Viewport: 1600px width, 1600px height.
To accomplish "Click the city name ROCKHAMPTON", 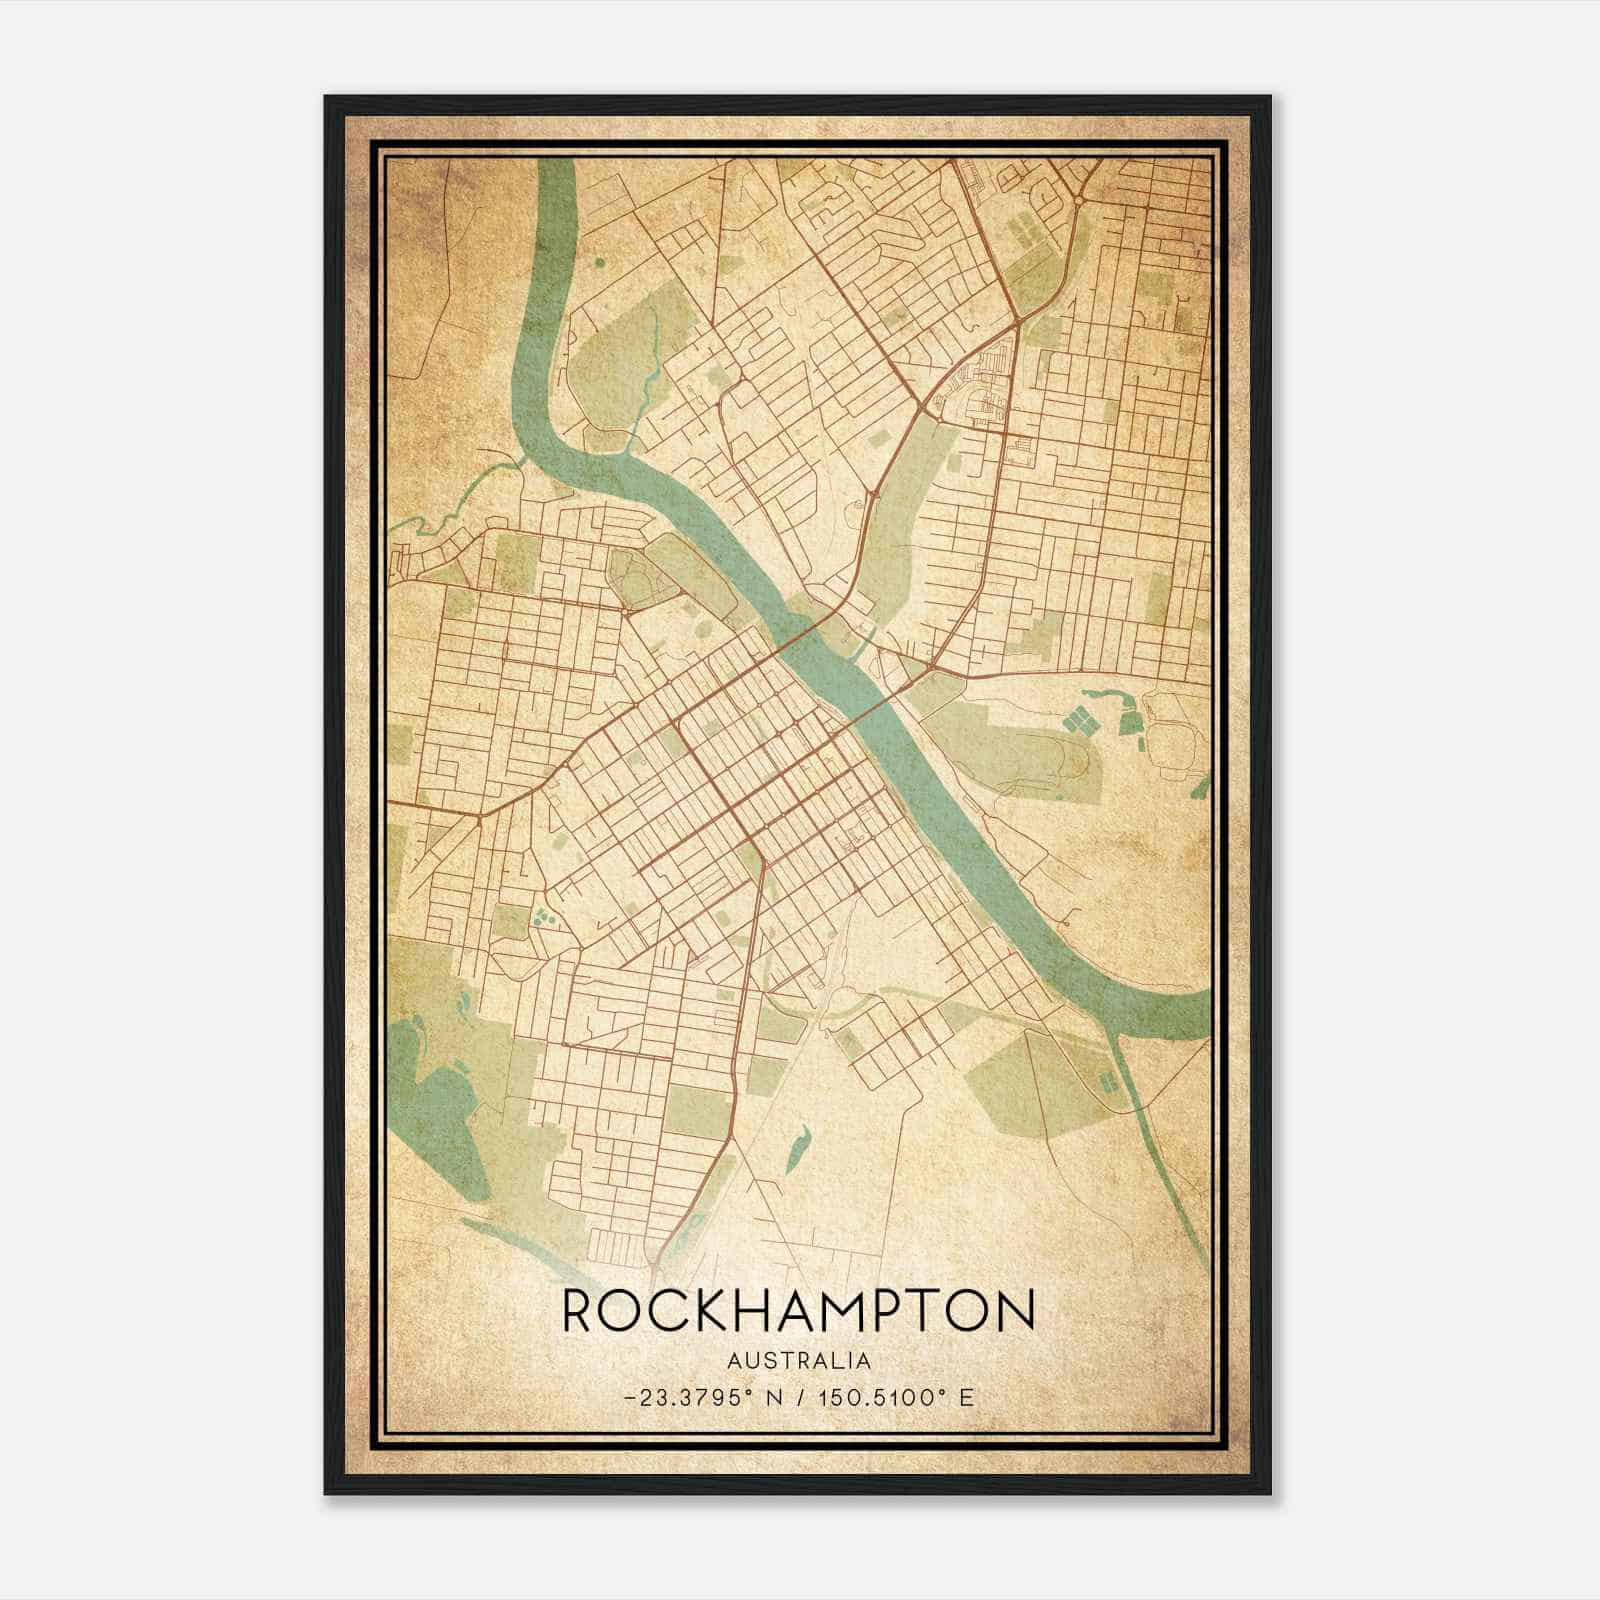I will click(798, 1310).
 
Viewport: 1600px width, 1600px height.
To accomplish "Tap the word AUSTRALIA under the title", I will click(798, 1361).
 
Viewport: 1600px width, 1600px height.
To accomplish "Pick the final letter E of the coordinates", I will click(966, 1397).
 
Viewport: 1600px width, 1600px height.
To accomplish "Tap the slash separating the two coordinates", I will click(799, 1397).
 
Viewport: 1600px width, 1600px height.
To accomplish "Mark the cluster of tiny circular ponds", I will click(543, 915).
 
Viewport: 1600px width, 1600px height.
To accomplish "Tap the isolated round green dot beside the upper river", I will click(599, 262).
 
